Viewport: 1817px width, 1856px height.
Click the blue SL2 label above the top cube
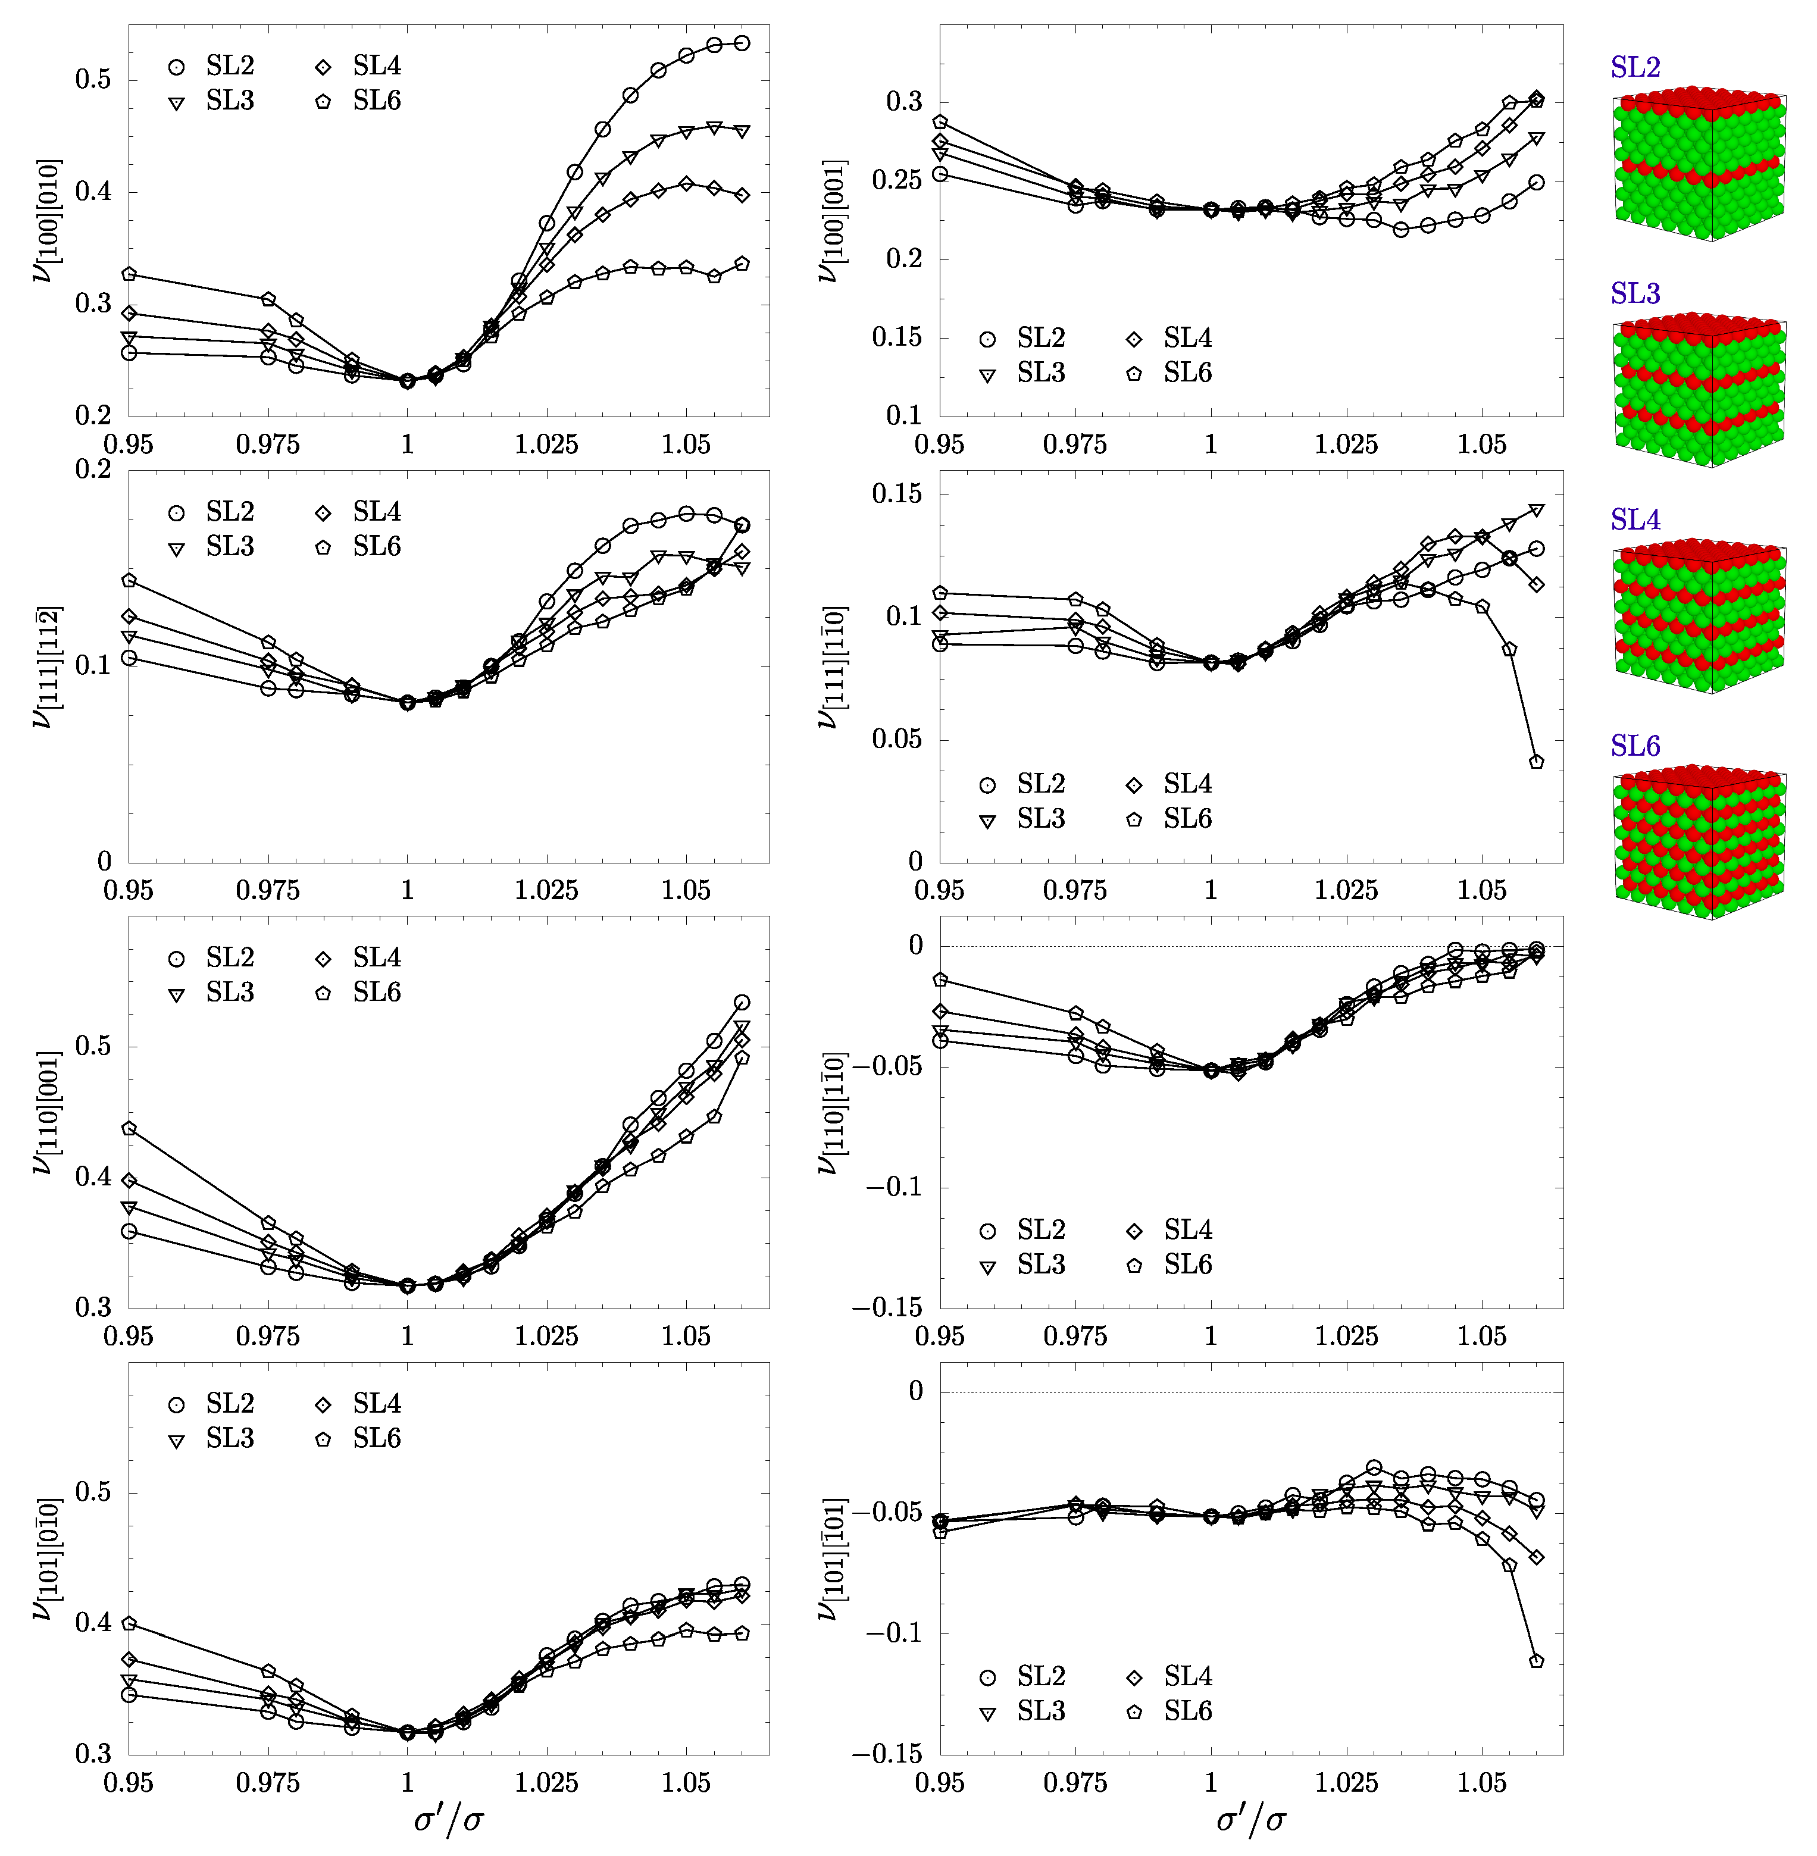pos(1635,68)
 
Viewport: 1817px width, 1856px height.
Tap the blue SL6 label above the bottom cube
pos(1635,746)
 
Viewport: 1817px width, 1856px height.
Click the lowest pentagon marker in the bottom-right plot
pos(1537,1660)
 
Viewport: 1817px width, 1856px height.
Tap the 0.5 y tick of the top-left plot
pos(93,79)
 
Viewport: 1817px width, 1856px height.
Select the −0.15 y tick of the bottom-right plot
pos(894,1754)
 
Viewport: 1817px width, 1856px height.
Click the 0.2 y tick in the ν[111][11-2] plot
pos(93,470)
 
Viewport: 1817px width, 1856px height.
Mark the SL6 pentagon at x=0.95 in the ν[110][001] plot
pos(129,1128)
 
